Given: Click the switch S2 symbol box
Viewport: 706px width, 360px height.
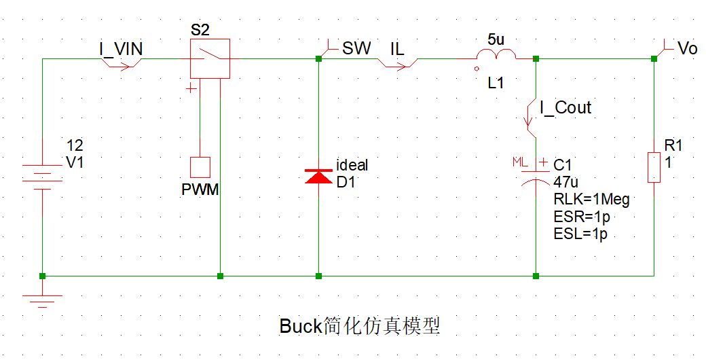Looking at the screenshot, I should [210, 59].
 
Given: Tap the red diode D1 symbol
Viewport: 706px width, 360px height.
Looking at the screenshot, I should [318, 177].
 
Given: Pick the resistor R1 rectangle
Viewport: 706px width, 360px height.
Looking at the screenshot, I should [654, 167].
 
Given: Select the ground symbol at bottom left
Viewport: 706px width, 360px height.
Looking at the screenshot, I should [42, 300].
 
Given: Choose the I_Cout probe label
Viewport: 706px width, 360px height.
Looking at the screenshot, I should [565, 107].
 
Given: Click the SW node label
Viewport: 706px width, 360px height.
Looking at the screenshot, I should [356, 48].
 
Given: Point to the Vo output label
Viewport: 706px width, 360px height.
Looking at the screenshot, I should [688, 48].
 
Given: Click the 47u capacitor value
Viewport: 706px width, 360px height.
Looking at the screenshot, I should [565, 182].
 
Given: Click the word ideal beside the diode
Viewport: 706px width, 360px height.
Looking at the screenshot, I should [352, 165].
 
